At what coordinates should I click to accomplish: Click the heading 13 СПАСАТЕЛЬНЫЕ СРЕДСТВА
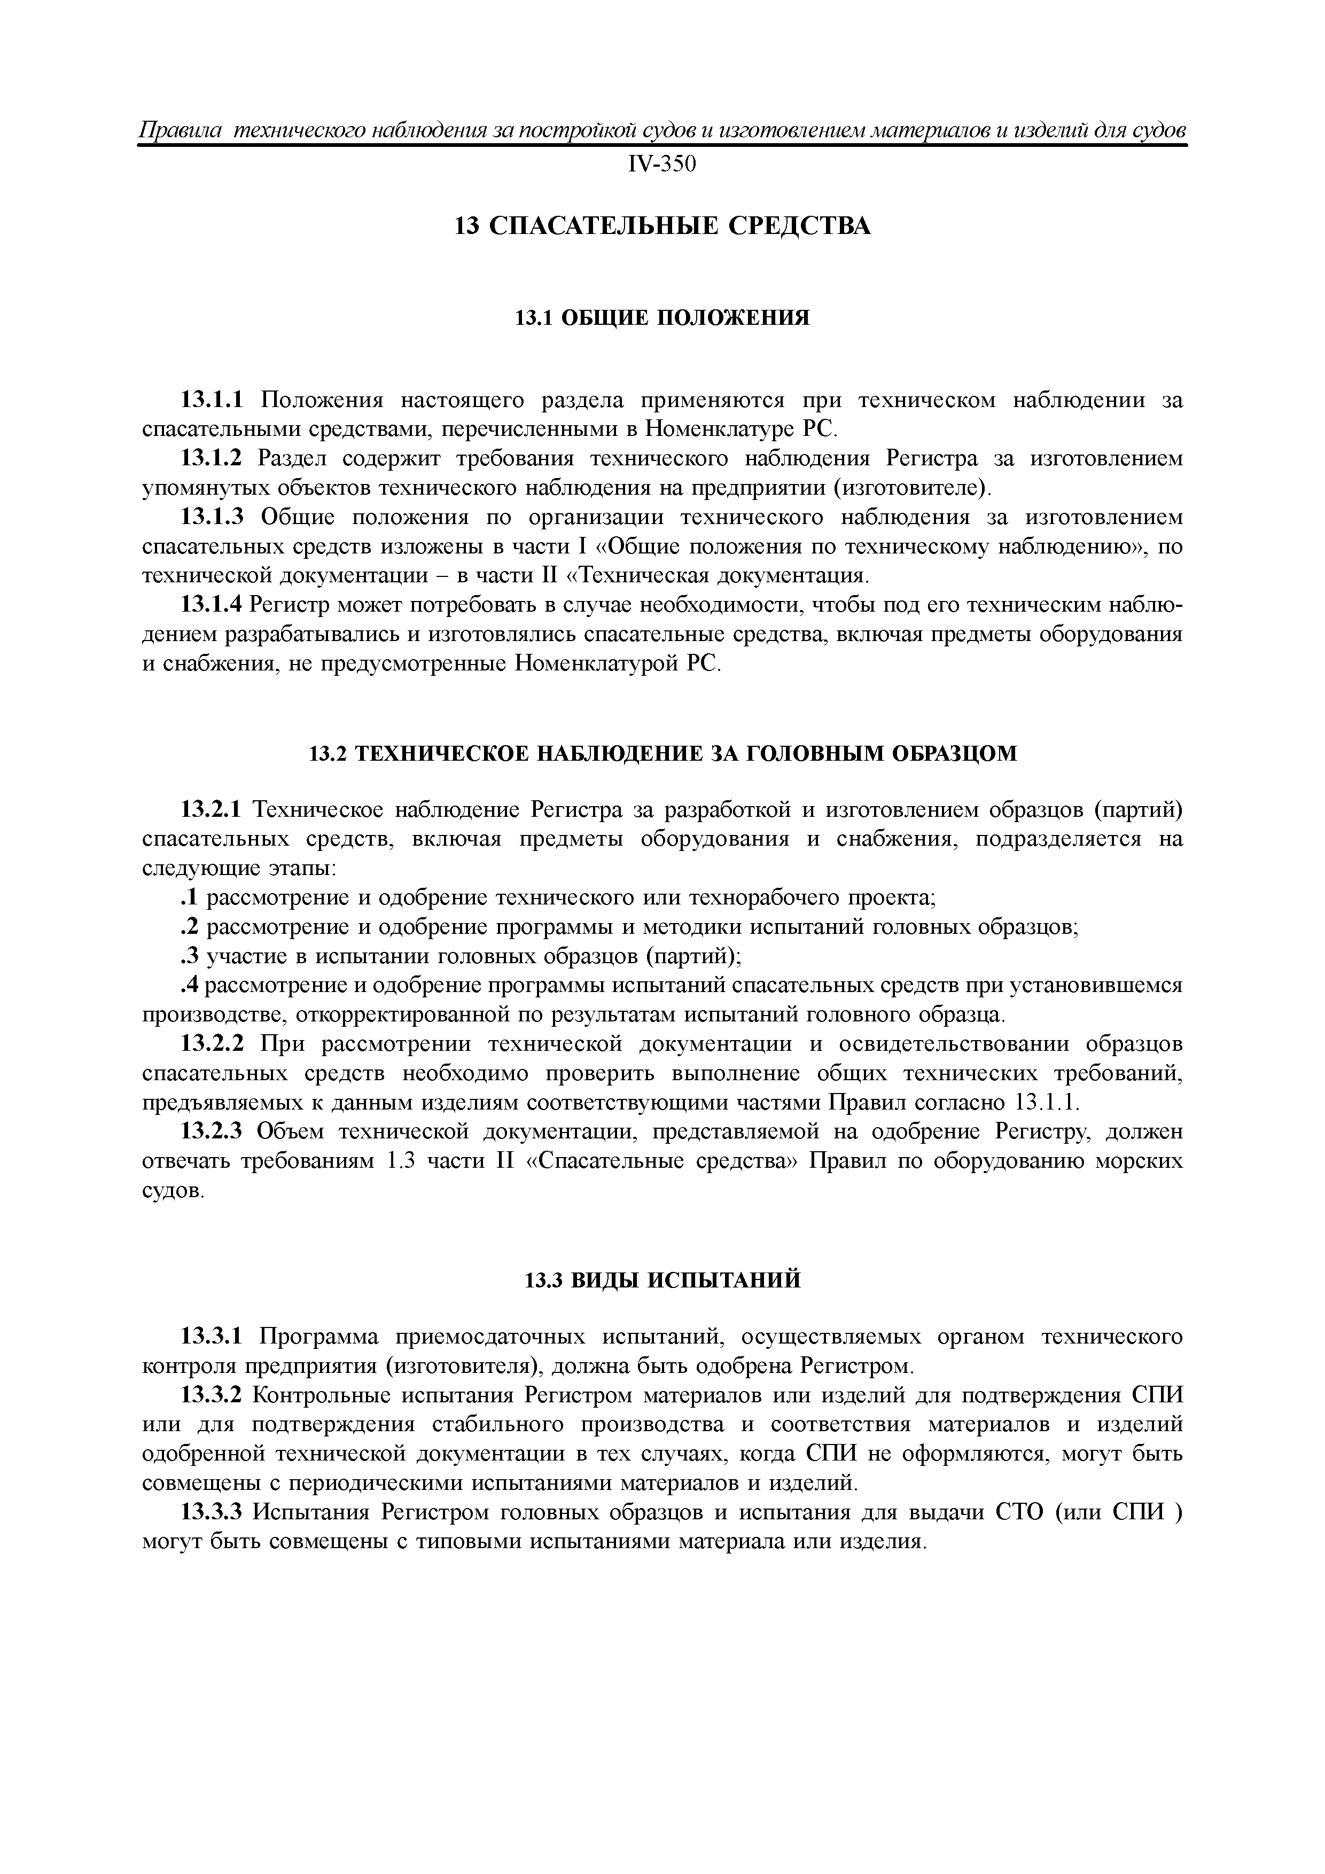662,226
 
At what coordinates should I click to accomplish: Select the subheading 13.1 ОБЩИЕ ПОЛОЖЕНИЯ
662,317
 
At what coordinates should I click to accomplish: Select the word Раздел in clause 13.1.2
292,459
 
